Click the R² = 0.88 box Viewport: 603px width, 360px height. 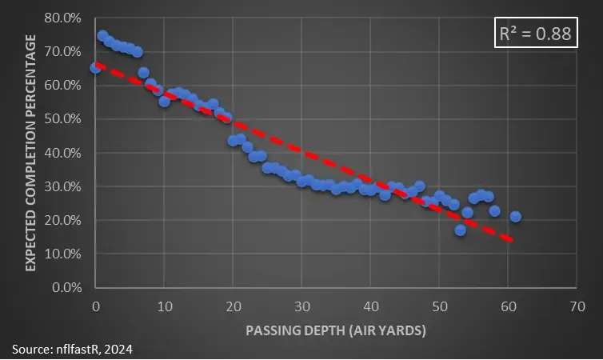pyautogui.click(x=535, y=35)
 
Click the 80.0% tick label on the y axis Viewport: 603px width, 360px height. pyautogui.click(x=61, y=18)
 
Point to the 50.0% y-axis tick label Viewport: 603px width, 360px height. pyautogui.click(x=61, y=118)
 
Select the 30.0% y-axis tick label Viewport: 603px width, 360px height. pyautogui.click(x=61, y=186)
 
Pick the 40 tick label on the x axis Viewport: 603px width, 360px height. pyautogui.click(x=370, y=306)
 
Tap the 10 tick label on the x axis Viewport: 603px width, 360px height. pyautogui.click(x=164, y=306)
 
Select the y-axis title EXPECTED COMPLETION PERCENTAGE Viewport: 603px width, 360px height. pyautogui.click(x=31, y=152)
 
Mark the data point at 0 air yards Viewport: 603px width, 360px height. pyautogui.click(x=95, y=68)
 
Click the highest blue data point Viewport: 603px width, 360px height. pyautogui.click(x=102, y=36)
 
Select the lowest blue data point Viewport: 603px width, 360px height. pyautogui.click(x=460, y=230)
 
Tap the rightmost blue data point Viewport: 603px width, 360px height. pyautogui.click(x=516, y=216)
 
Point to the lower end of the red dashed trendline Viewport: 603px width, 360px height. pyautogui.click(x=511, y=240)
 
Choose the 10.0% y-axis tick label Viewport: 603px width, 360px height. pyautogui.click(x=61, y=254)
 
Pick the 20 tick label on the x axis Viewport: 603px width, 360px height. pyautogui.click(x=233, y=306)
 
